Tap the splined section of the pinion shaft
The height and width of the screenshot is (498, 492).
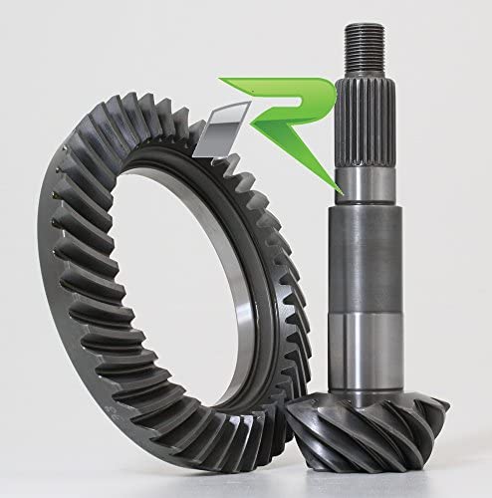point(366,123)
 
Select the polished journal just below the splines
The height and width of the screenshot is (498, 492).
point(366,185)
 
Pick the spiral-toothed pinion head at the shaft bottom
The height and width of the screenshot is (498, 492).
point(367,431)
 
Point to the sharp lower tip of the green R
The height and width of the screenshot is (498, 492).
point(342,192)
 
